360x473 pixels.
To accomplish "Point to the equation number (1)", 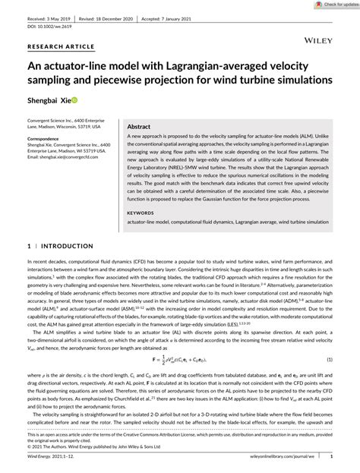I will [330, 337].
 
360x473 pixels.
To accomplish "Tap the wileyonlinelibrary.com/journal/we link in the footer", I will [284, 458].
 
